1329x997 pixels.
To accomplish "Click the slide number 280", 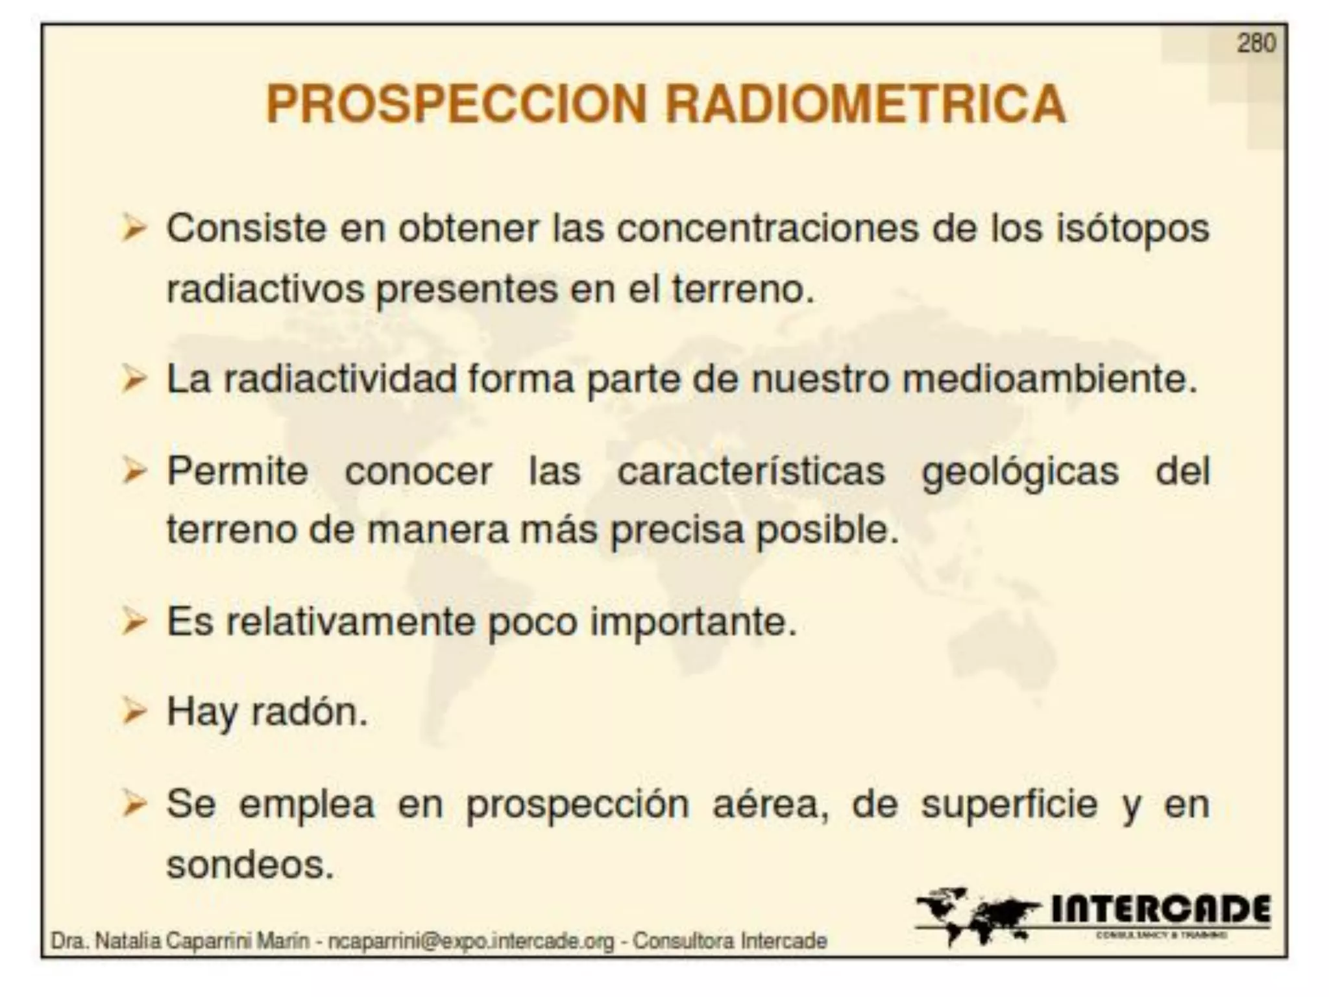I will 1256,43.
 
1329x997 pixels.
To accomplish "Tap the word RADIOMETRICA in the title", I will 866,105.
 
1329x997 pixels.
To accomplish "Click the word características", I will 751,471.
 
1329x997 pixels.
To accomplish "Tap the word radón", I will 309,712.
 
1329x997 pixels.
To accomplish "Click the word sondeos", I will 250,865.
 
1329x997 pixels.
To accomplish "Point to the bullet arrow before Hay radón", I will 134,712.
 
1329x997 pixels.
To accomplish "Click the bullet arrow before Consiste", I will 134,229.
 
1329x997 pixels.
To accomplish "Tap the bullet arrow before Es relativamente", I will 134,622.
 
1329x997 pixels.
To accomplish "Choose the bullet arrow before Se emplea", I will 134,805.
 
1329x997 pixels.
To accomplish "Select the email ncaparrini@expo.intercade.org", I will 470,941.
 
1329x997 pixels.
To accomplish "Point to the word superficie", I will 1009,806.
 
